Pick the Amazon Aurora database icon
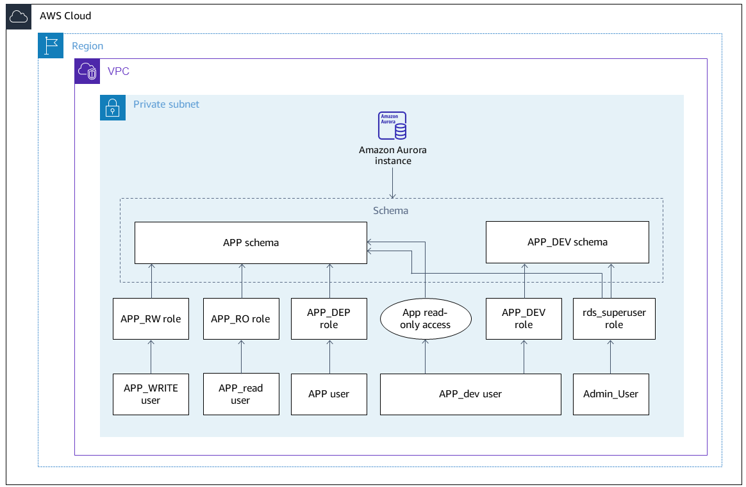(x=392, y=126)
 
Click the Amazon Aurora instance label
(x=392, y=156)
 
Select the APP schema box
(x=251, y=243)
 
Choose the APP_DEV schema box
(x=567, y=242)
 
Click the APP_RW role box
(x=151, y=318)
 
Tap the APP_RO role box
(x=240, y=318)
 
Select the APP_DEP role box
(x=329, y=318)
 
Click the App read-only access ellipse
(x=426, y=318)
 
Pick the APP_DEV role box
(x=524, y=318)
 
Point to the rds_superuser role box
(x=613, y=318)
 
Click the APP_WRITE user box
(x=151, y=394)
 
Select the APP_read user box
(x=240, y=394)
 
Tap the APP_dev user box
(x=470, y=394)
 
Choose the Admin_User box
(x=610, y=394)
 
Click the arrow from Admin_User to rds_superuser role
(x=610, y=357)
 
